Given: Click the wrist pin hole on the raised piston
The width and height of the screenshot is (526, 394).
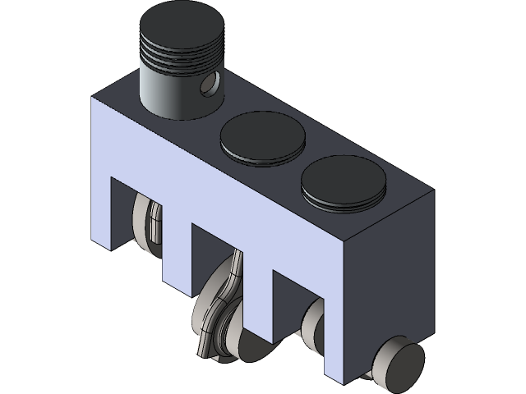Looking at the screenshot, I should tap(212, 82).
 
